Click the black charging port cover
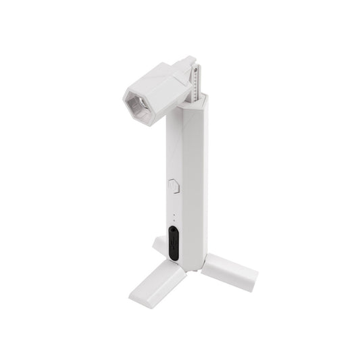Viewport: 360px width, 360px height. pos(174,243)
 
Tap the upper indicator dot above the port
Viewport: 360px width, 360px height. pos(174,215)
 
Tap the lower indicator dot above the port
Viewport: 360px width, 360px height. pos(174,221)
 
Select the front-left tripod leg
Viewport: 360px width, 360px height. pos(157,284)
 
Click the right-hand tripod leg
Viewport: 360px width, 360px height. pos(230,272)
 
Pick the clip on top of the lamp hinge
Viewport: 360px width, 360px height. pos(183,63)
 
